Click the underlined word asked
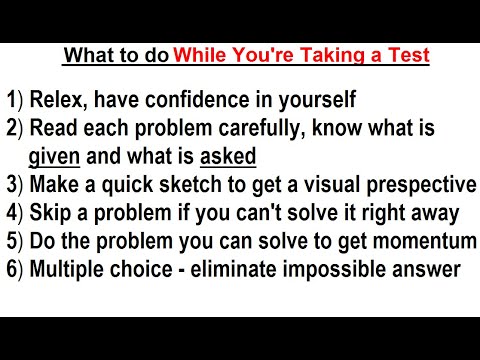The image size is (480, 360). coord(228,155)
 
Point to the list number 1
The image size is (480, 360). coord(12,101)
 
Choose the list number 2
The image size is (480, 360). coord(12,129)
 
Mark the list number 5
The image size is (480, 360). coord(12,241)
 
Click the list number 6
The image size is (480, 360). coord(12,269)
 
